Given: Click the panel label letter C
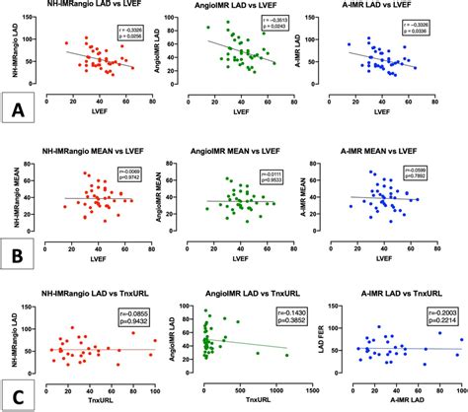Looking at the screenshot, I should [16, 389].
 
